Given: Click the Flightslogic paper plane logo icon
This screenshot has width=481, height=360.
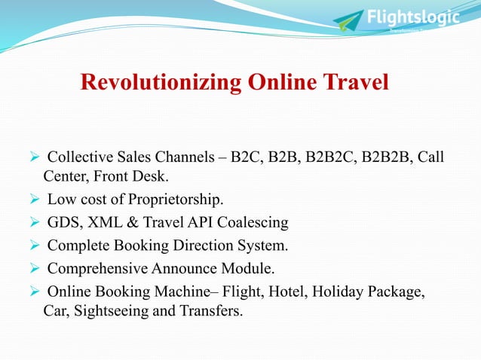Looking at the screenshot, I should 348,21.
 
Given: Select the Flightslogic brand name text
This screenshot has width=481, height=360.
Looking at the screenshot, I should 412,17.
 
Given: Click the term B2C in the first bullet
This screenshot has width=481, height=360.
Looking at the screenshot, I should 245,157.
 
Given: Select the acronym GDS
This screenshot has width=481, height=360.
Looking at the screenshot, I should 62,222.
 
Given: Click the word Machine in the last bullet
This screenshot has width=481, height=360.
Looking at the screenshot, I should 173,290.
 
